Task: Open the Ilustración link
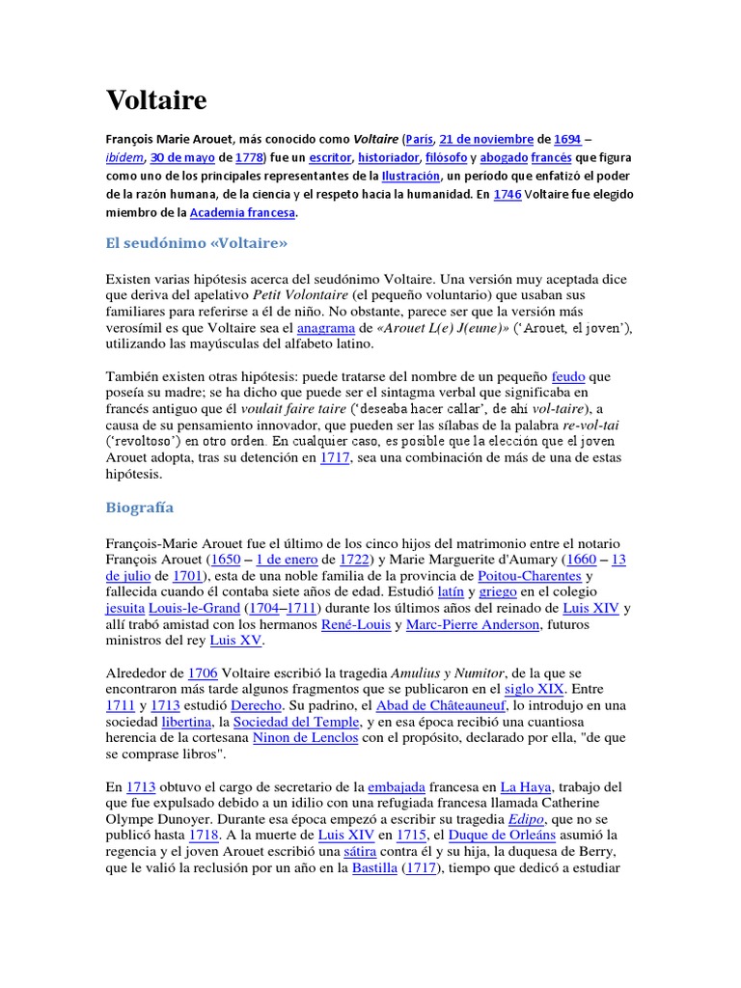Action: pos(411,177)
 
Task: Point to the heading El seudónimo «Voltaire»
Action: pos(197,242)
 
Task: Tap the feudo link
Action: pos(568,375)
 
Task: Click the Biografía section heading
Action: pos(139,507)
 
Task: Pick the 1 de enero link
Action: pos(287,560)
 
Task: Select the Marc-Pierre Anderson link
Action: pos(474,625)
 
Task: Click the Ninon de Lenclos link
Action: pos(305,738)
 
